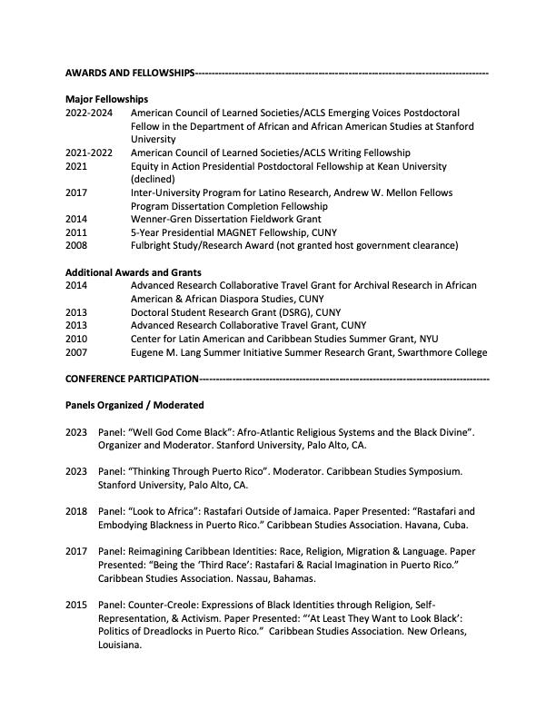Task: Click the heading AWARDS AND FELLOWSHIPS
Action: tap(130, 73)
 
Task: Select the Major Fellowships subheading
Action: tap(107, 99)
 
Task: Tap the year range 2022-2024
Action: tap(88, 113)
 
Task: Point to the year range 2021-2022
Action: tap(88, 153)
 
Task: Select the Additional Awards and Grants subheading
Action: tap(134, 272)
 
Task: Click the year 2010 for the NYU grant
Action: tap(76, 339)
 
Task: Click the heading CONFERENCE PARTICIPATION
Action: tap(132, 379)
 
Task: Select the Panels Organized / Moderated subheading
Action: tap(134, 405)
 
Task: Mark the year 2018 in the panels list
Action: tap(76, 511)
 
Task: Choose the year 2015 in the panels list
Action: tap(76, 605)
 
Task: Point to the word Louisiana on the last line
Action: tap(120, 645)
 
